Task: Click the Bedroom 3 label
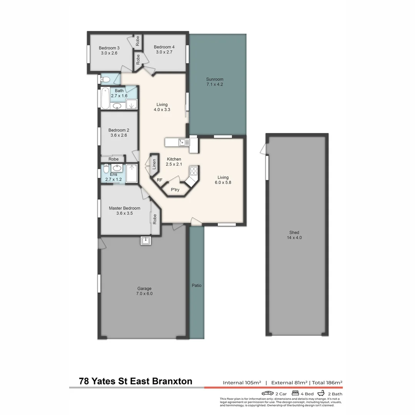tap(109, 48)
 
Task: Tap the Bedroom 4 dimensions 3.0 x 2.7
tap(164, 52)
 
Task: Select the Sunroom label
tap(215, 79)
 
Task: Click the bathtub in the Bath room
tap(105, 98)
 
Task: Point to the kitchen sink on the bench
tap(184, 143)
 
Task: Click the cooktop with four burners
tap(194, 171)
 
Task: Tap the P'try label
tap(175, 189)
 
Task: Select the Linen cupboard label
tap(154, 164)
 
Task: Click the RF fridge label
tap(159, 180)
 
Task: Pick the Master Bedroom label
tap(124, 208)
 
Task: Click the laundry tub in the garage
tap(146, 241)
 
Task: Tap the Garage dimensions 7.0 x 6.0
tap(144, 294)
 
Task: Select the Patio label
tap(197, 285)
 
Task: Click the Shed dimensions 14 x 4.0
tap(294, 238)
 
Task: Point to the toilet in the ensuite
tap(106, 168)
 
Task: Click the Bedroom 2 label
tap(119, 130)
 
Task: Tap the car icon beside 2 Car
tap(267, 393)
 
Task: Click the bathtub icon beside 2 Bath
tap(321, 393)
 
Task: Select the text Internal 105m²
tap(242, 382)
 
